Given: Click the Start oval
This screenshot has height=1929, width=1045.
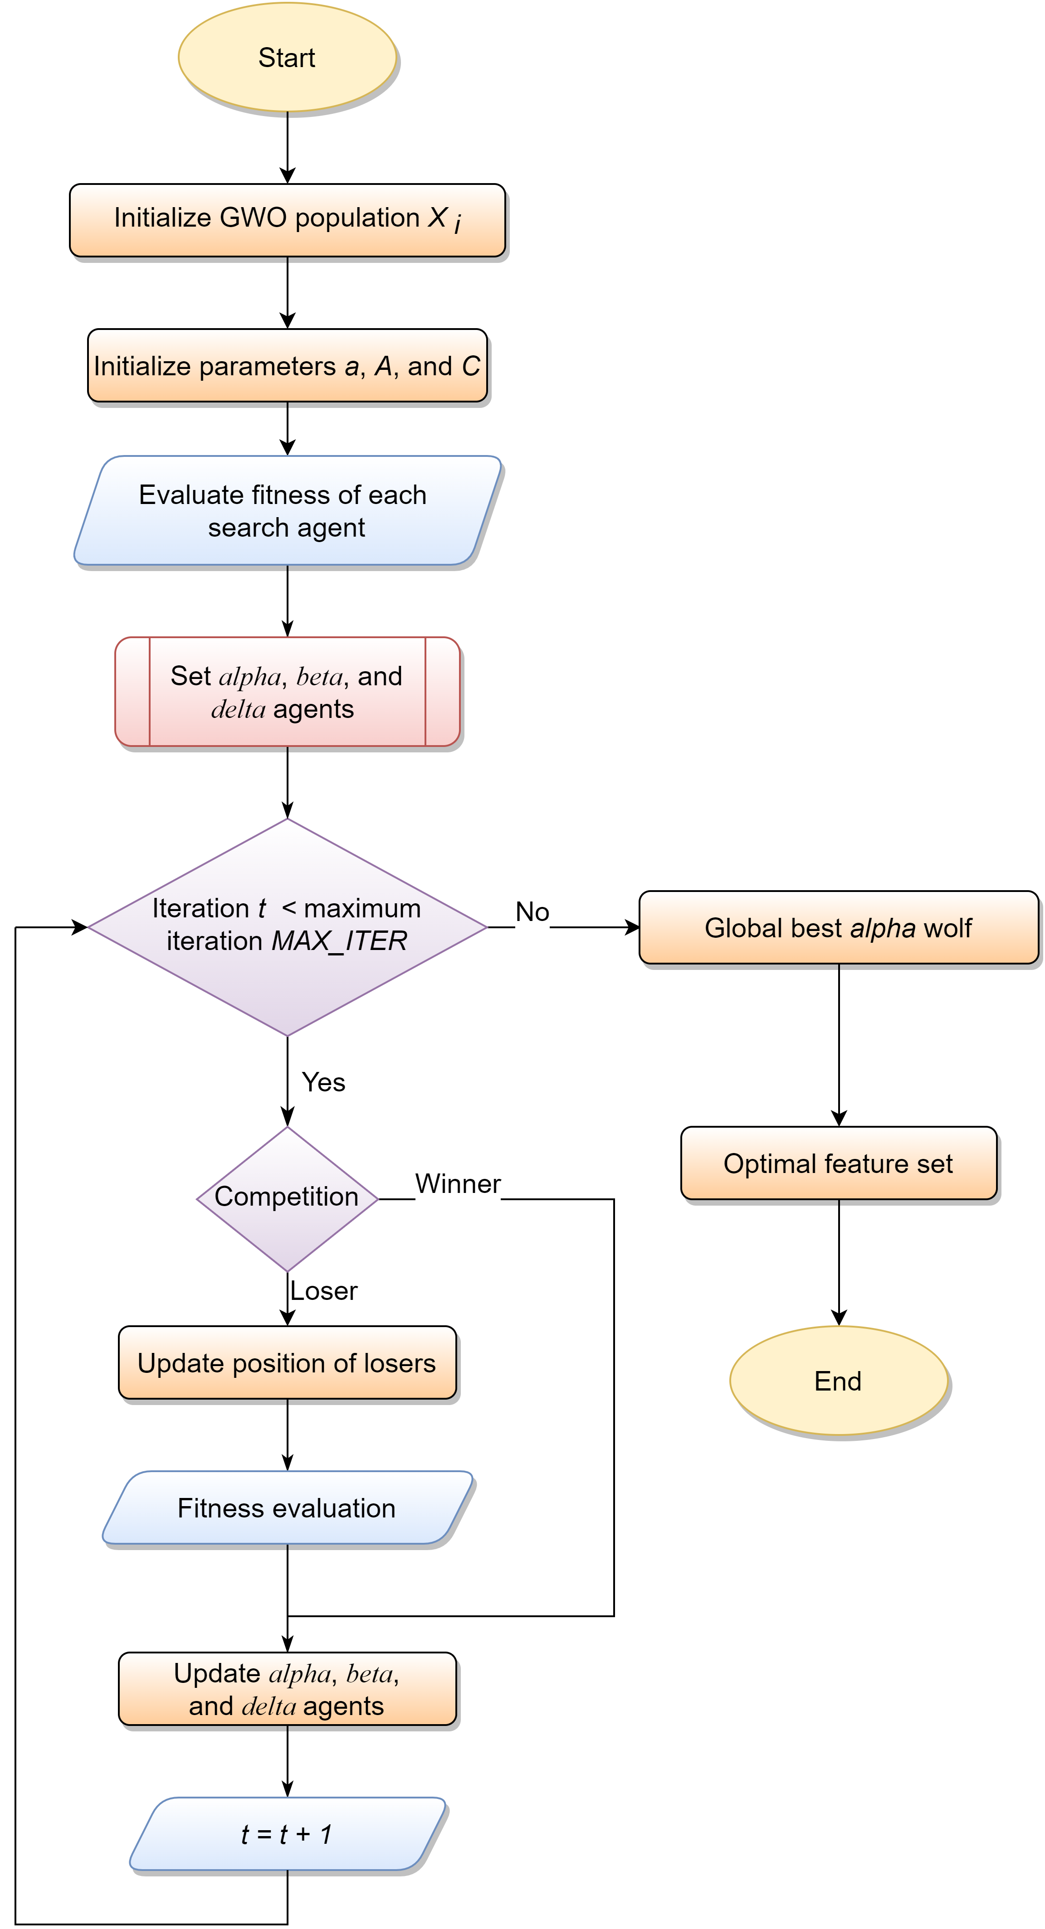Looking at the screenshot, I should (x=287, y=58).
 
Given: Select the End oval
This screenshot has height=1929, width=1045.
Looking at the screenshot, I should (x=838, y=1380).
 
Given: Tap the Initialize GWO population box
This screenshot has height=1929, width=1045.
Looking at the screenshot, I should (x=287, y=220).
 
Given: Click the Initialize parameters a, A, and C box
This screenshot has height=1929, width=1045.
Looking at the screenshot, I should (x=287, y=365).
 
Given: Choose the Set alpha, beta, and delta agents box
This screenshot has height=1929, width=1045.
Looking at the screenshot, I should (x=287, y=692).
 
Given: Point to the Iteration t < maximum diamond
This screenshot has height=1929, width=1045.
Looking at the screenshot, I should (x=287, y=927).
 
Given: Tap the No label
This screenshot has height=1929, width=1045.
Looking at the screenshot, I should (x=532, y=912).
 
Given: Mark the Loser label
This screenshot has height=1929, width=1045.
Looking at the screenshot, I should (x=323, y=1291).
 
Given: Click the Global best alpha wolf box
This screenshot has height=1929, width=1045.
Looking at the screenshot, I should (x=838, y=927).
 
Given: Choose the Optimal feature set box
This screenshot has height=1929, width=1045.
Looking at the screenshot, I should (x=838, y=1163).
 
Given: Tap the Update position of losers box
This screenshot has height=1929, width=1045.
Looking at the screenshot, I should (x=287, y=1363).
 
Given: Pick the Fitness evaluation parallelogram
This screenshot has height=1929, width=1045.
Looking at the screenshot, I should (x=287, y=1508).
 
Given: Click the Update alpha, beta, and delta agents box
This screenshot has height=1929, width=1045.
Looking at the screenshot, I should (x=287, y=1689).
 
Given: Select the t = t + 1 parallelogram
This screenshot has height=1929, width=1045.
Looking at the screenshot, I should (x=287, y=1834).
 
